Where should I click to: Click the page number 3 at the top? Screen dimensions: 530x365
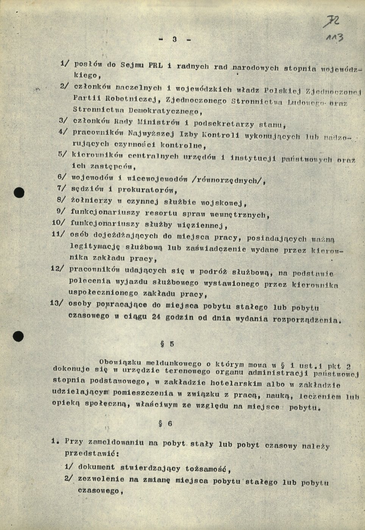[175, 39]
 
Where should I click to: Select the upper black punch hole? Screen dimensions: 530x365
[19, 193]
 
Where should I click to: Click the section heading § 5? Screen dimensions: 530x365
[167, 344]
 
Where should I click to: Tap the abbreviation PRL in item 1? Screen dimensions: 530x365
[155, 65]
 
